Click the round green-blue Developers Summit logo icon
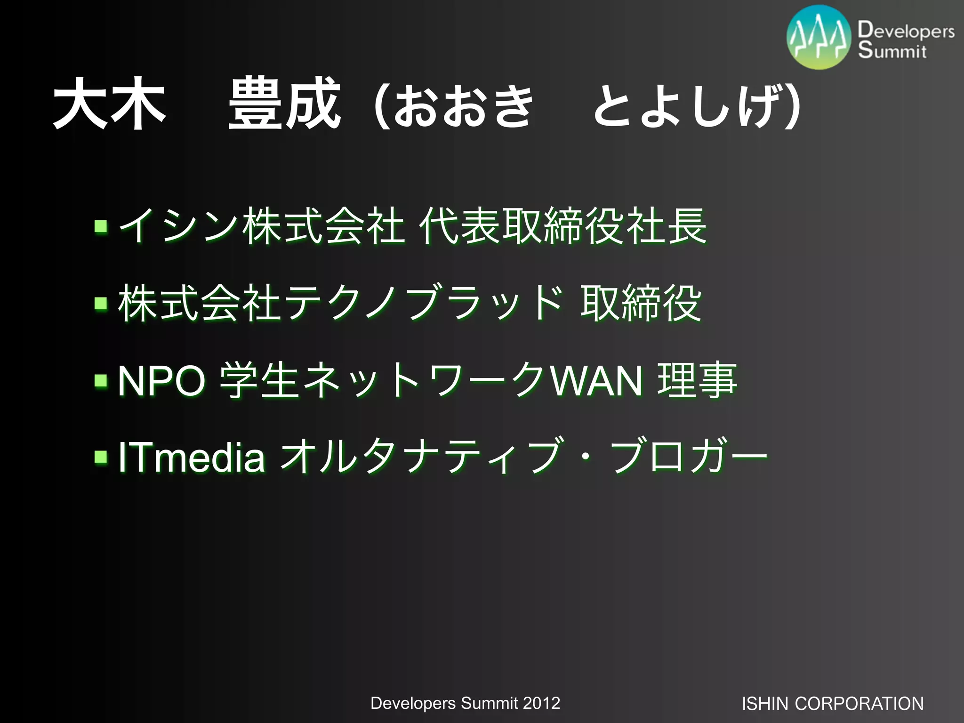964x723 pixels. pos(819,38)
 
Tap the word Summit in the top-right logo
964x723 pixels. pos(892,50)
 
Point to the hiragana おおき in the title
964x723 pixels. pos(463,104)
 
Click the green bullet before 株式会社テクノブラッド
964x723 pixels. pos(100,304)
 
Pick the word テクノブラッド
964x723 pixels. pos(424,304)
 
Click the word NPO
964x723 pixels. pos(161,380)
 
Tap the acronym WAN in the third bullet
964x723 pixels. pos(597,380)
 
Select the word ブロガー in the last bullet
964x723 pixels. pos(688,457)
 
